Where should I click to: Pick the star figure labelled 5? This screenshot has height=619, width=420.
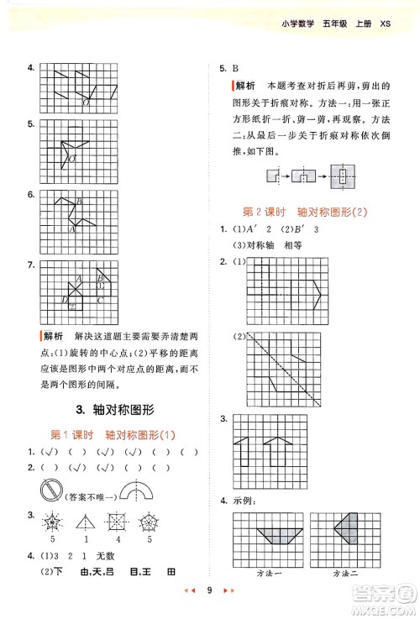(52, 521)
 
